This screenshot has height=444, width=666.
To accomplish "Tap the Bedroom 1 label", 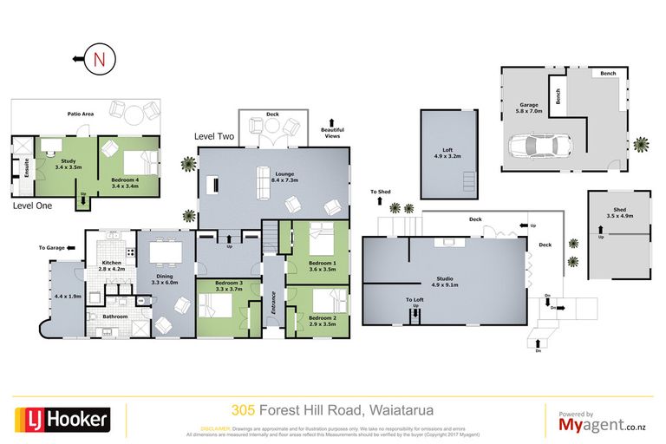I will click(x=323, y=265).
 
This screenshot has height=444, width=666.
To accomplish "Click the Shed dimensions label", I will click(x=620, y=214).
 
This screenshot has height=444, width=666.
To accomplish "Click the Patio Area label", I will click(x=81, y=114).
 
